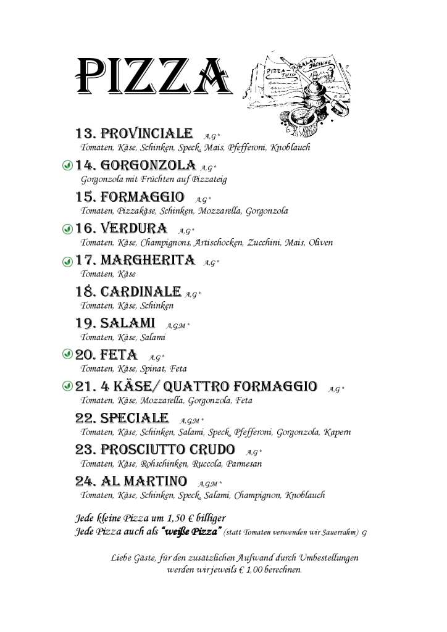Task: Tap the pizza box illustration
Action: tap(296, 90)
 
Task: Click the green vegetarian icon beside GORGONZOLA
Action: tap(68, 166)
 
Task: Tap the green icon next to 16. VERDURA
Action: tap(68, 229)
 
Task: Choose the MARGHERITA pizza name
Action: tap(148, 260)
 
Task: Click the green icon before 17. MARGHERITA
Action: tap(68, 261)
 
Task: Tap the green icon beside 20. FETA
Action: tap(68, 355)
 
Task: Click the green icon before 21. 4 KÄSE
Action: tap(68, 386)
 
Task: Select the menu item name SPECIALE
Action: tap(134, 418)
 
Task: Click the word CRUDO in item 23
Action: tap(211, 449)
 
